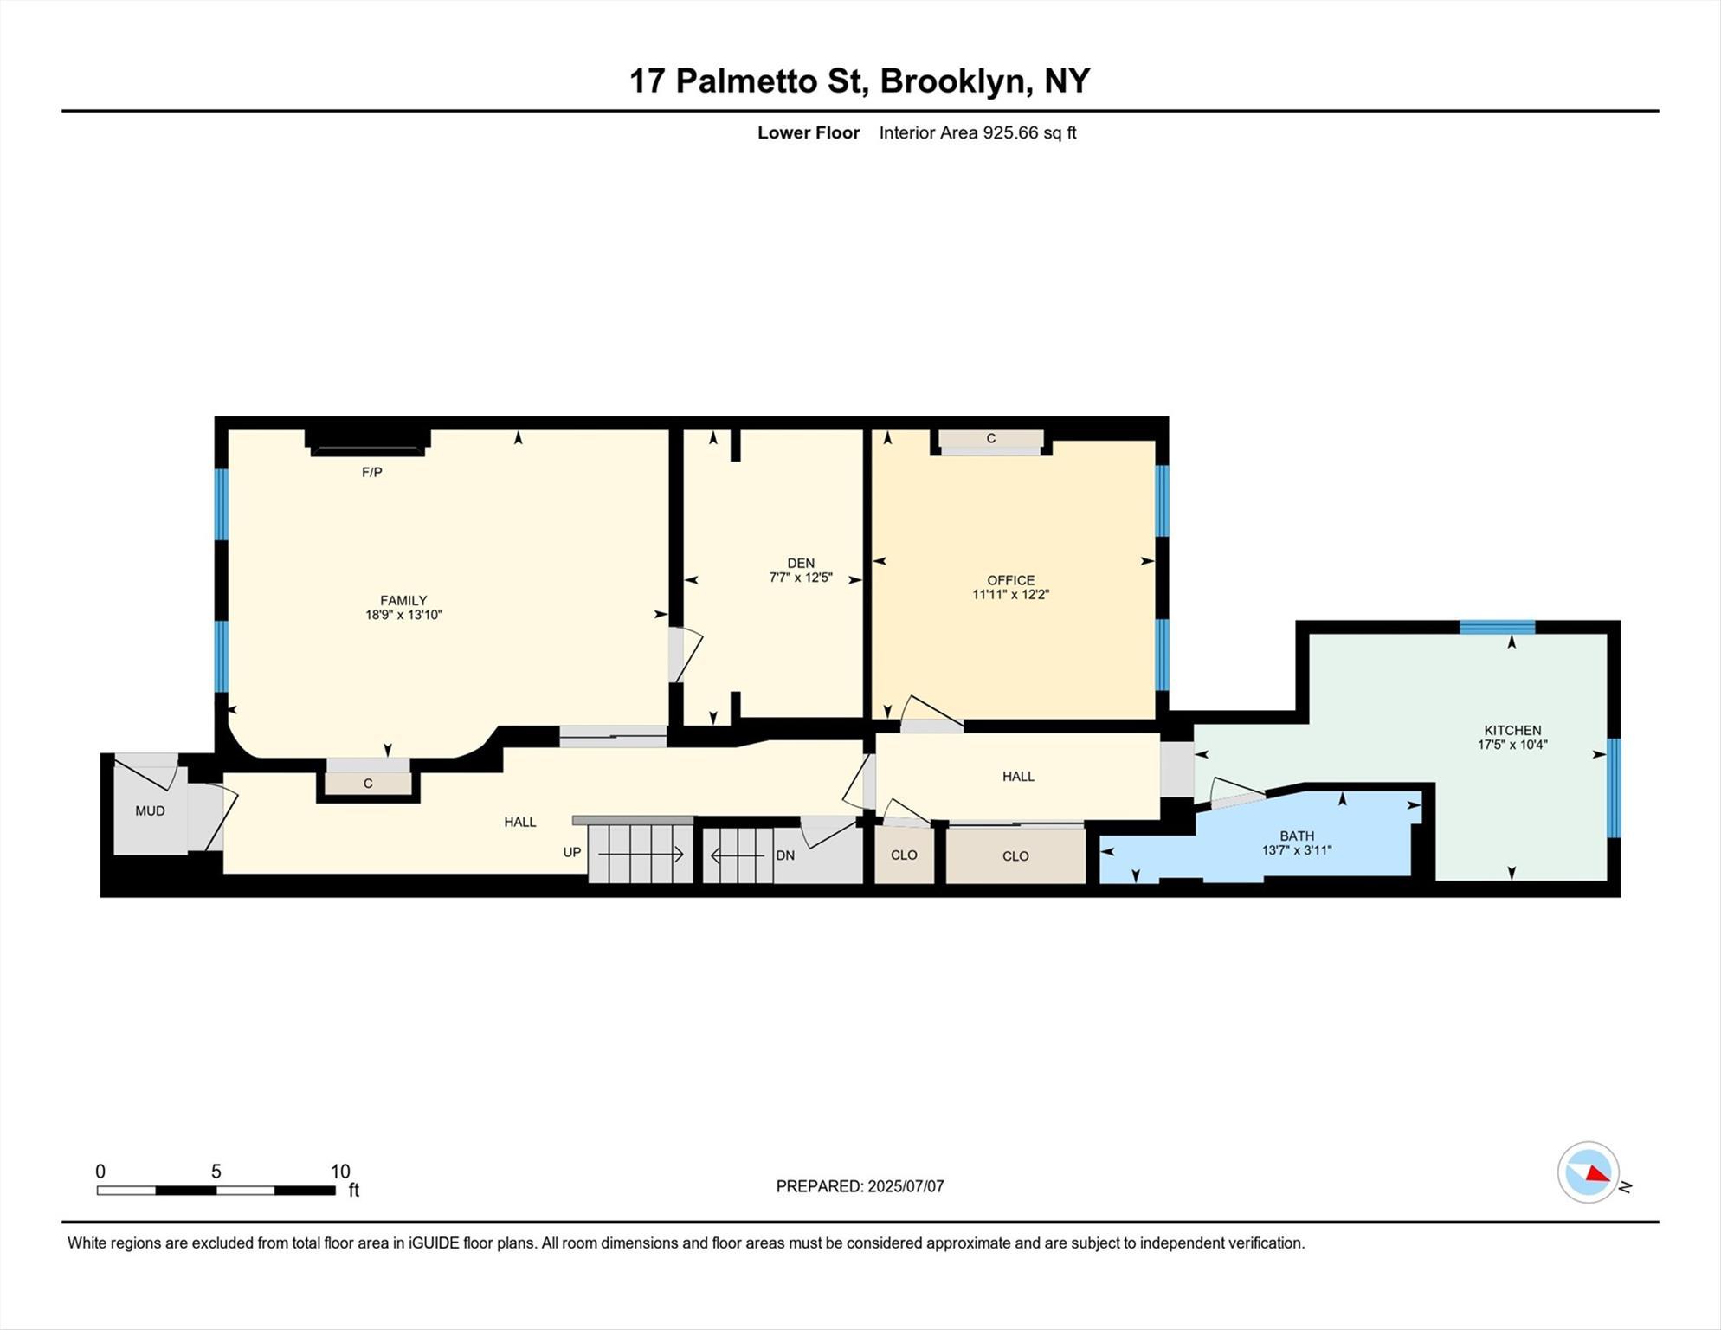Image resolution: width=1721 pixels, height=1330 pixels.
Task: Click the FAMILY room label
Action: (x=403, y=600)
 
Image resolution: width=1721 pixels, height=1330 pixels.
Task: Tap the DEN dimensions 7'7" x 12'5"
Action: (x=801, y=578)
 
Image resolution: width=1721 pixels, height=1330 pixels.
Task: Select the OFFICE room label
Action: (x=1010, y=580)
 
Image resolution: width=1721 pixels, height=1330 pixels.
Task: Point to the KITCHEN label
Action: (x=1512, y=730)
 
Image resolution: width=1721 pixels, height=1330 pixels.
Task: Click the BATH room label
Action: (x=1296, y=836)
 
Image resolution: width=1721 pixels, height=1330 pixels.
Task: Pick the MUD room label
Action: (x=150, y=810)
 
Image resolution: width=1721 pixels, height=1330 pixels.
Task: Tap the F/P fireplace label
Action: (x=371, y=472)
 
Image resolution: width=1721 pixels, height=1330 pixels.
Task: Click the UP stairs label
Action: (x=571, y=852)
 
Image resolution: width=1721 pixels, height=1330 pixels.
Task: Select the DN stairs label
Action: (x=785, y=855)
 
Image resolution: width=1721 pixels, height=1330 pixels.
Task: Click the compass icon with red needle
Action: (x=1589, y=1172)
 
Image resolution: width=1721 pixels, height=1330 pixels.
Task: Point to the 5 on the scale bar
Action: (x=216, y=1172)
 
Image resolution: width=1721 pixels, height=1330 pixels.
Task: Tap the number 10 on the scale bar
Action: (x=340, y=1172)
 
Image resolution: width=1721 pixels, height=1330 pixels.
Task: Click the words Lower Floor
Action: (x=809, y=132)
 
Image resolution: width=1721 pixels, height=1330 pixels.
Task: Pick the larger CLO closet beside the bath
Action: (x=1015, y=855)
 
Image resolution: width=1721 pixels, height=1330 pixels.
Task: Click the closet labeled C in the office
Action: (x=991, y=439)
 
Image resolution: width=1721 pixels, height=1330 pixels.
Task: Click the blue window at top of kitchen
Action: (x=1497, y=627)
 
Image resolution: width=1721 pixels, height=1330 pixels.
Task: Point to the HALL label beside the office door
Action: (x=1018, y=776)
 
